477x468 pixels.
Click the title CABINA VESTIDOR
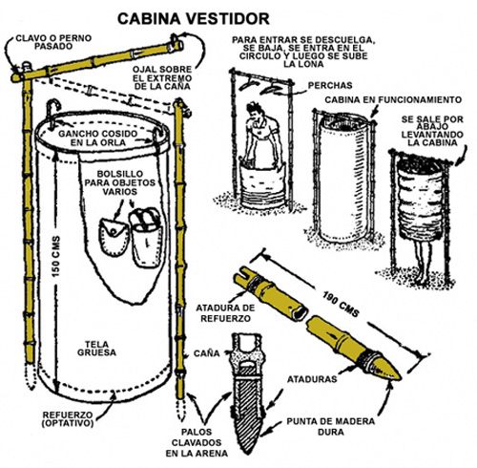tap(194, 19)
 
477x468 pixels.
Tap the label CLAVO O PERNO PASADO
tap(53, 42)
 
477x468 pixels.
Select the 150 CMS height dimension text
tap(56, 256)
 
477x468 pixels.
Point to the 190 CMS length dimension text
tap(341, 304)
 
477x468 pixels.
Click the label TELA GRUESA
tap(96, 349)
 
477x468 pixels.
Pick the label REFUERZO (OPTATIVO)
tap(68, 419)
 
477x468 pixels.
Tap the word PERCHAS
tap(330, 85)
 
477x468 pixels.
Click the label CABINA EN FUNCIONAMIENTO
tap(393, 99)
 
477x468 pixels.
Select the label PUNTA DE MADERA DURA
tap(331, 427)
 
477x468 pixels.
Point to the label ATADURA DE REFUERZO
tap(225, 313)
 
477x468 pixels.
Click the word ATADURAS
tap(312, 379)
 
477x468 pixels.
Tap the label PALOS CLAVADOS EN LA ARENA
tap(197, 442)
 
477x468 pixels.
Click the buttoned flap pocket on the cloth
tap(113, 236)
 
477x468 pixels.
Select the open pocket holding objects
tap(146, 237)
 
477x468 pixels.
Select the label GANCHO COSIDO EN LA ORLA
tap(98, 138)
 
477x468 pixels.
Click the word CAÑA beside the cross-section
tap(206, 353)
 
